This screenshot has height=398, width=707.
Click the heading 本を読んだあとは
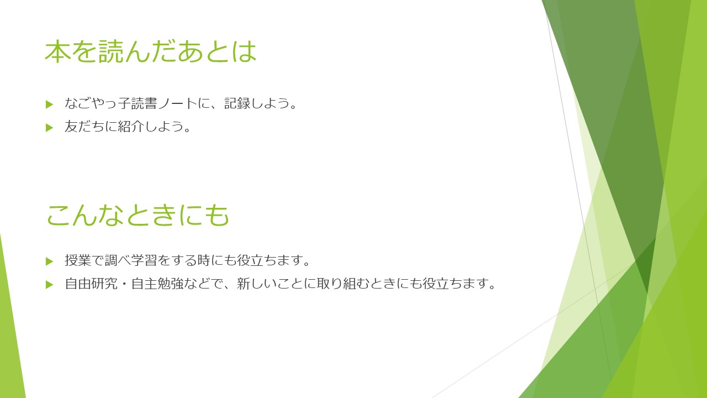(151, 51)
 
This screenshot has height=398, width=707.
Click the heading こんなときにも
(138, 215)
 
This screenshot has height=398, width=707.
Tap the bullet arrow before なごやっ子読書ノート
(49, 104)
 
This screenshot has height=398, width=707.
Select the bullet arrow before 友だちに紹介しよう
(49, 128)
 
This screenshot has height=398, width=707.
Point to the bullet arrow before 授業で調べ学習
(49, 261)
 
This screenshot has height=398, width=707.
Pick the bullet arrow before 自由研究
(49, 285)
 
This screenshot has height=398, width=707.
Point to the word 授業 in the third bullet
(78, 260)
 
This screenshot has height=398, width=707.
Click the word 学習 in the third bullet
(144, 260)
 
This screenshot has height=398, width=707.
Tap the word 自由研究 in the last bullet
(91, 284)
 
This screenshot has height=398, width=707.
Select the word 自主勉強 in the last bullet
(157, 284)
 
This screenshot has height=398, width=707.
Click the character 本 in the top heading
(58, 51)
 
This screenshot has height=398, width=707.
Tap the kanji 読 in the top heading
(111, 51)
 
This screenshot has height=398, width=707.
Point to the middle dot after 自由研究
(124, 284)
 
